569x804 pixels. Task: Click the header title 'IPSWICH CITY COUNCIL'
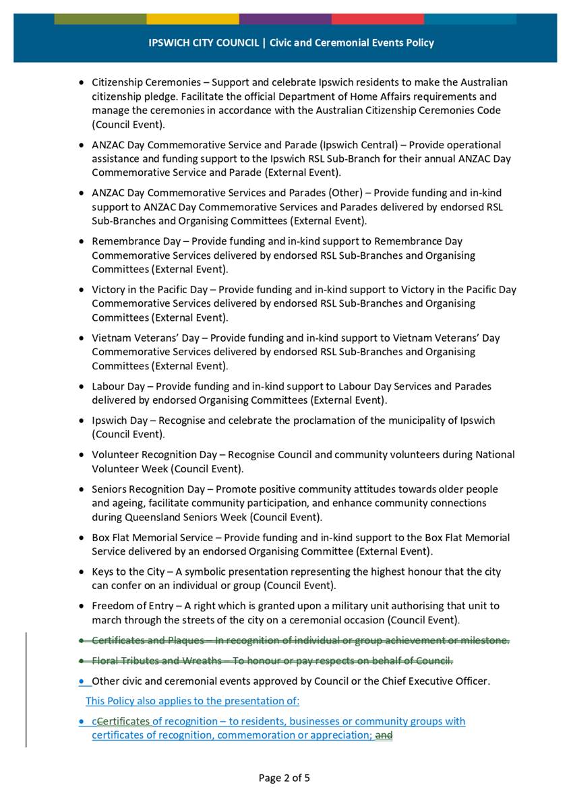204,42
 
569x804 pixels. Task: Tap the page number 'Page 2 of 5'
284,778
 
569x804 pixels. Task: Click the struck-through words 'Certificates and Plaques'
148,640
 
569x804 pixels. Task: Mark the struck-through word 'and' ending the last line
384,735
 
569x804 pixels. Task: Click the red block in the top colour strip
378,19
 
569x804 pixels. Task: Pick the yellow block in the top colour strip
192,19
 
